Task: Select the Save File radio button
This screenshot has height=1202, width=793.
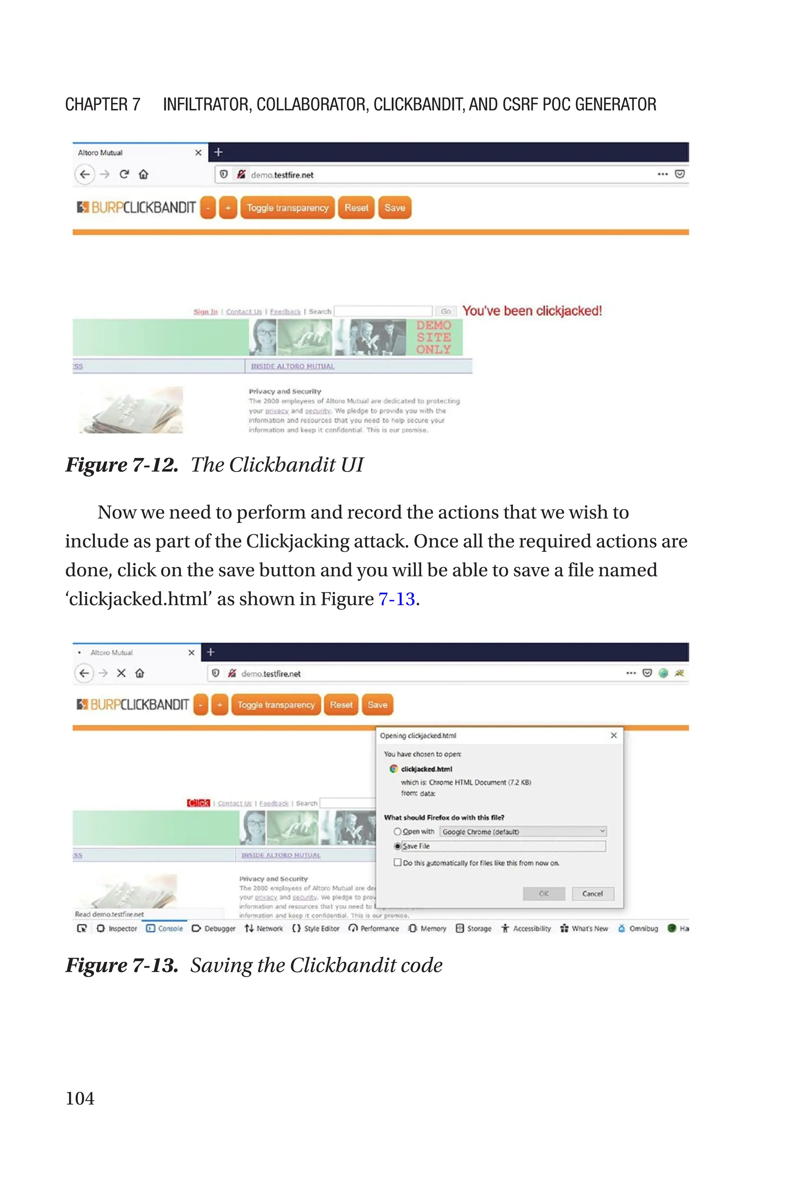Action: click(x=398, y=846)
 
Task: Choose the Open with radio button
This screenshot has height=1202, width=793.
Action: click(x=398, y=832)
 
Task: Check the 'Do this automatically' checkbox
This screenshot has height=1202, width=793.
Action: click(x=398, y=863)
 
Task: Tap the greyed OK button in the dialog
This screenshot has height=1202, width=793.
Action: click(x=544, y=894)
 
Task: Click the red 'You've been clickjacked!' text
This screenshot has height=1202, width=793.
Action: click(x=532, y=311)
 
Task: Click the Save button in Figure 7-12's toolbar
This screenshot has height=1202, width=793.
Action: click(x=395, y=208)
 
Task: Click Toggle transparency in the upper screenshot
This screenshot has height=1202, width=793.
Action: click(x=287, y=208)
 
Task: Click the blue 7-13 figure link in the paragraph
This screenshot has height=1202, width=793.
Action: click(x=396, y=599)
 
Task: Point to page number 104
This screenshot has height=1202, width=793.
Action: click(x=80, y=1098)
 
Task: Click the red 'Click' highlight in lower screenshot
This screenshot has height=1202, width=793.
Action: click(x=198, y=803)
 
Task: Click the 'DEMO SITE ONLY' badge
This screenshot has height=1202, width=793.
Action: click(x=433, y=337)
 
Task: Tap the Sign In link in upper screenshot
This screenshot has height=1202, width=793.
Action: click(x=205, y=312)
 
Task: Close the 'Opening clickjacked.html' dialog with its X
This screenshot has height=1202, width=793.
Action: click(x=613, y=736)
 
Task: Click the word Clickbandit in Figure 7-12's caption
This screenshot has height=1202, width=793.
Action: click(x=282, y=465)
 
